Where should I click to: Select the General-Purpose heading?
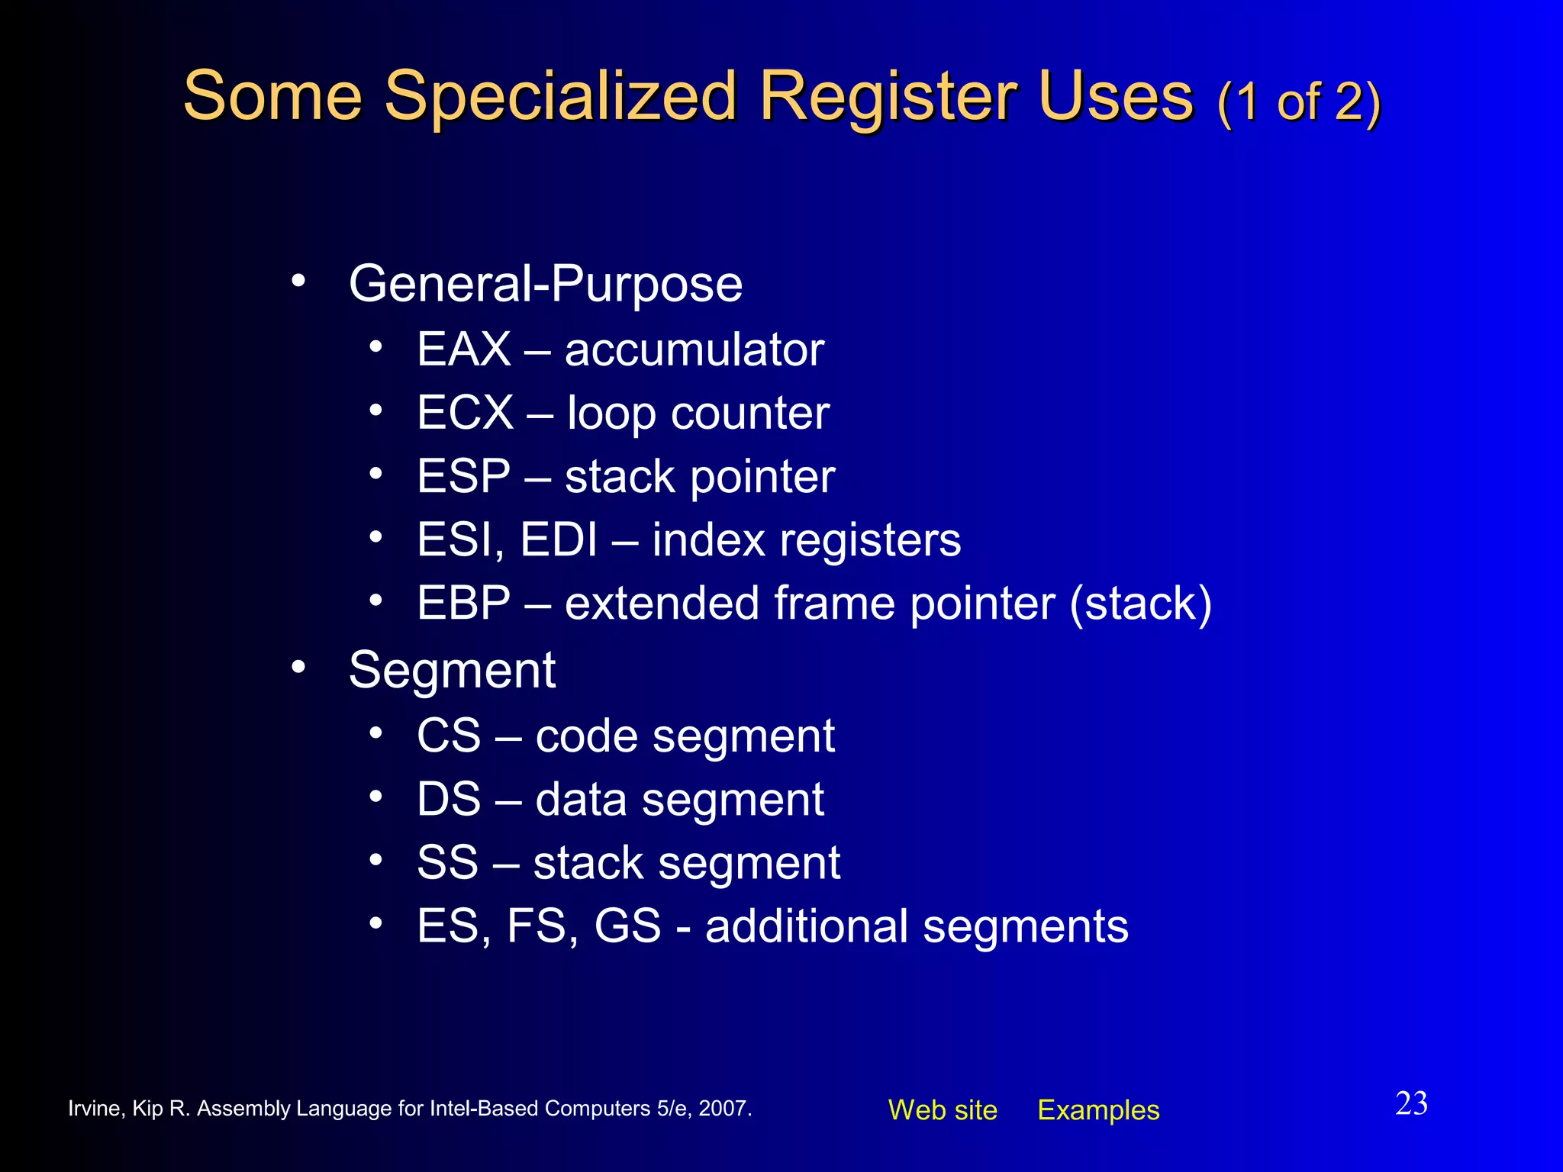click(545, 285)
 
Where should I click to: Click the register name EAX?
click(463, 350)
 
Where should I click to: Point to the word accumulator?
click(694, 350)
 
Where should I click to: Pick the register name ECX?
click(465, 414)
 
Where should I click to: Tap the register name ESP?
click(463, 477)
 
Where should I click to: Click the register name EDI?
click(559, 540)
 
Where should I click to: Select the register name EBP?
click(463, 604)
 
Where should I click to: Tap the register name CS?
click(449, 736)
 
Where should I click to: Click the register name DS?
click(449, 800)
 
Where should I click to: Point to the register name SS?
click(447, 863)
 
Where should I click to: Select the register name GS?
click(627, 926)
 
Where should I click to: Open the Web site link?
click(943, 1110)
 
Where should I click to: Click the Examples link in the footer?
click(1098, 1110)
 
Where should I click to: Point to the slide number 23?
click(1411, 1104)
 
